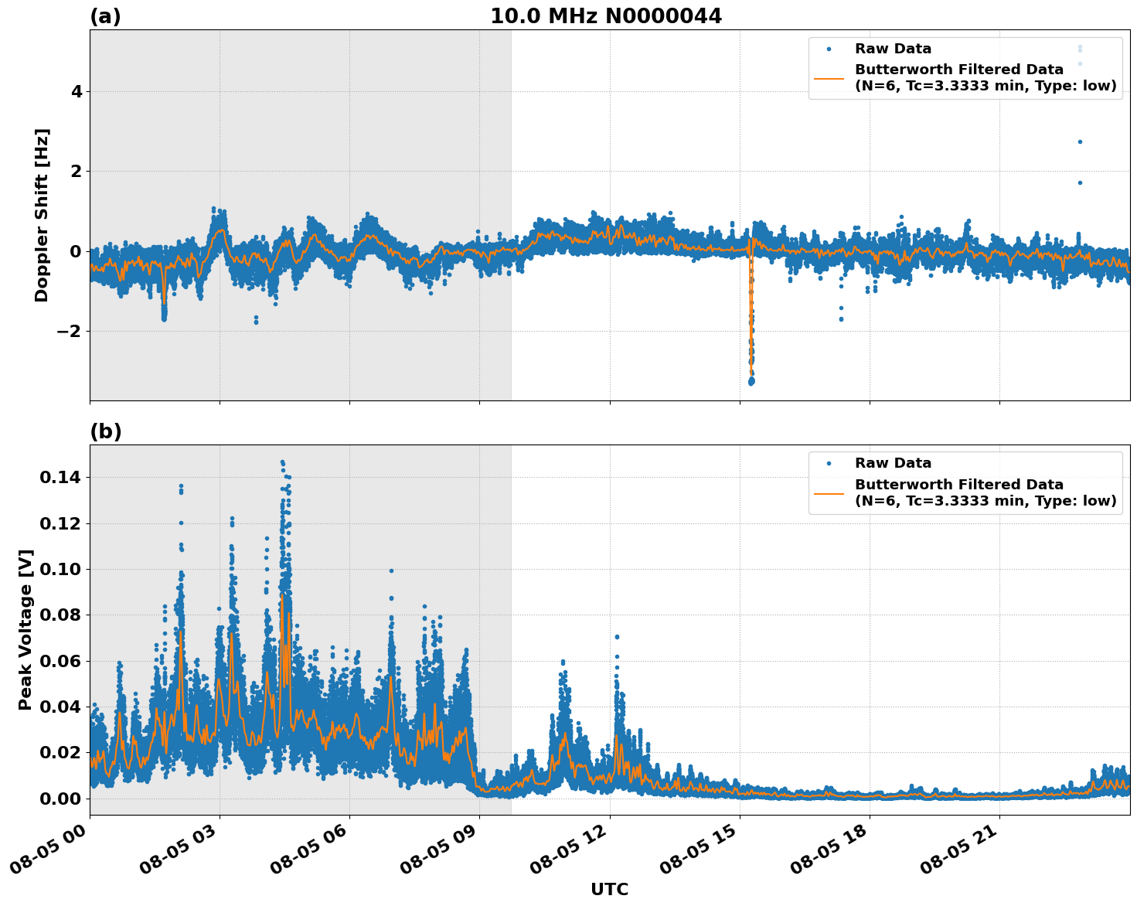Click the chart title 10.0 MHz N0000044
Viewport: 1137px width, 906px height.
[605, 16]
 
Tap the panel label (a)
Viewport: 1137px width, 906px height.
[105, 16]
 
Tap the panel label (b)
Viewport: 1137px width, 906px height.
[105, 431]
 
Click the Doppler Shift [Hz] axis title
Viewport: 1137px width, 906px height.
[42, 215]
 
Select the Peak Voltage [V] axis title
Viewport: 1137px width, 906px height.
[26, 629]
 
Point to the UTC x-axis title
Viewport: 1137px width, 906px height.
[609, 889]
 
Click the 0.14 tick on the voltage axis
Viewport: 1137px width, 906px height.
[60, 478]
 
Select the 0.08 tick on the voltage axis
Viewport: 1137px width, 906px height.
[60, 615]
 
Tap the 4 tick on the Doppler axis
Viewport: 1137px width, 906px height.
[77, 91]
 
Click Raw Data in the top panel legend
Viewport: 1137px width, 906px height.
[893, 49]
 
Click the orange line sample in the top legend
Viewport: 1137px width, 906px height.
[829, 77]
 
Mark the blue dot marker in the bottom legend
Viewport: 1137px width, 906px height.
[829, 463]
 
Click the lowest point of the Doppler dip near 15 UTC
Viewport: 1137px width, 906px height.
[751, 382]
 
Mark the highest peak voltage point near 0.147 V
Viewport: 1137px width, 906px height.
[282, 462]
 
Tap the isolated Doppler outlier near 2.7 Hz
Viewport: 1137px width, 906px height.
[1080, 141]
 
